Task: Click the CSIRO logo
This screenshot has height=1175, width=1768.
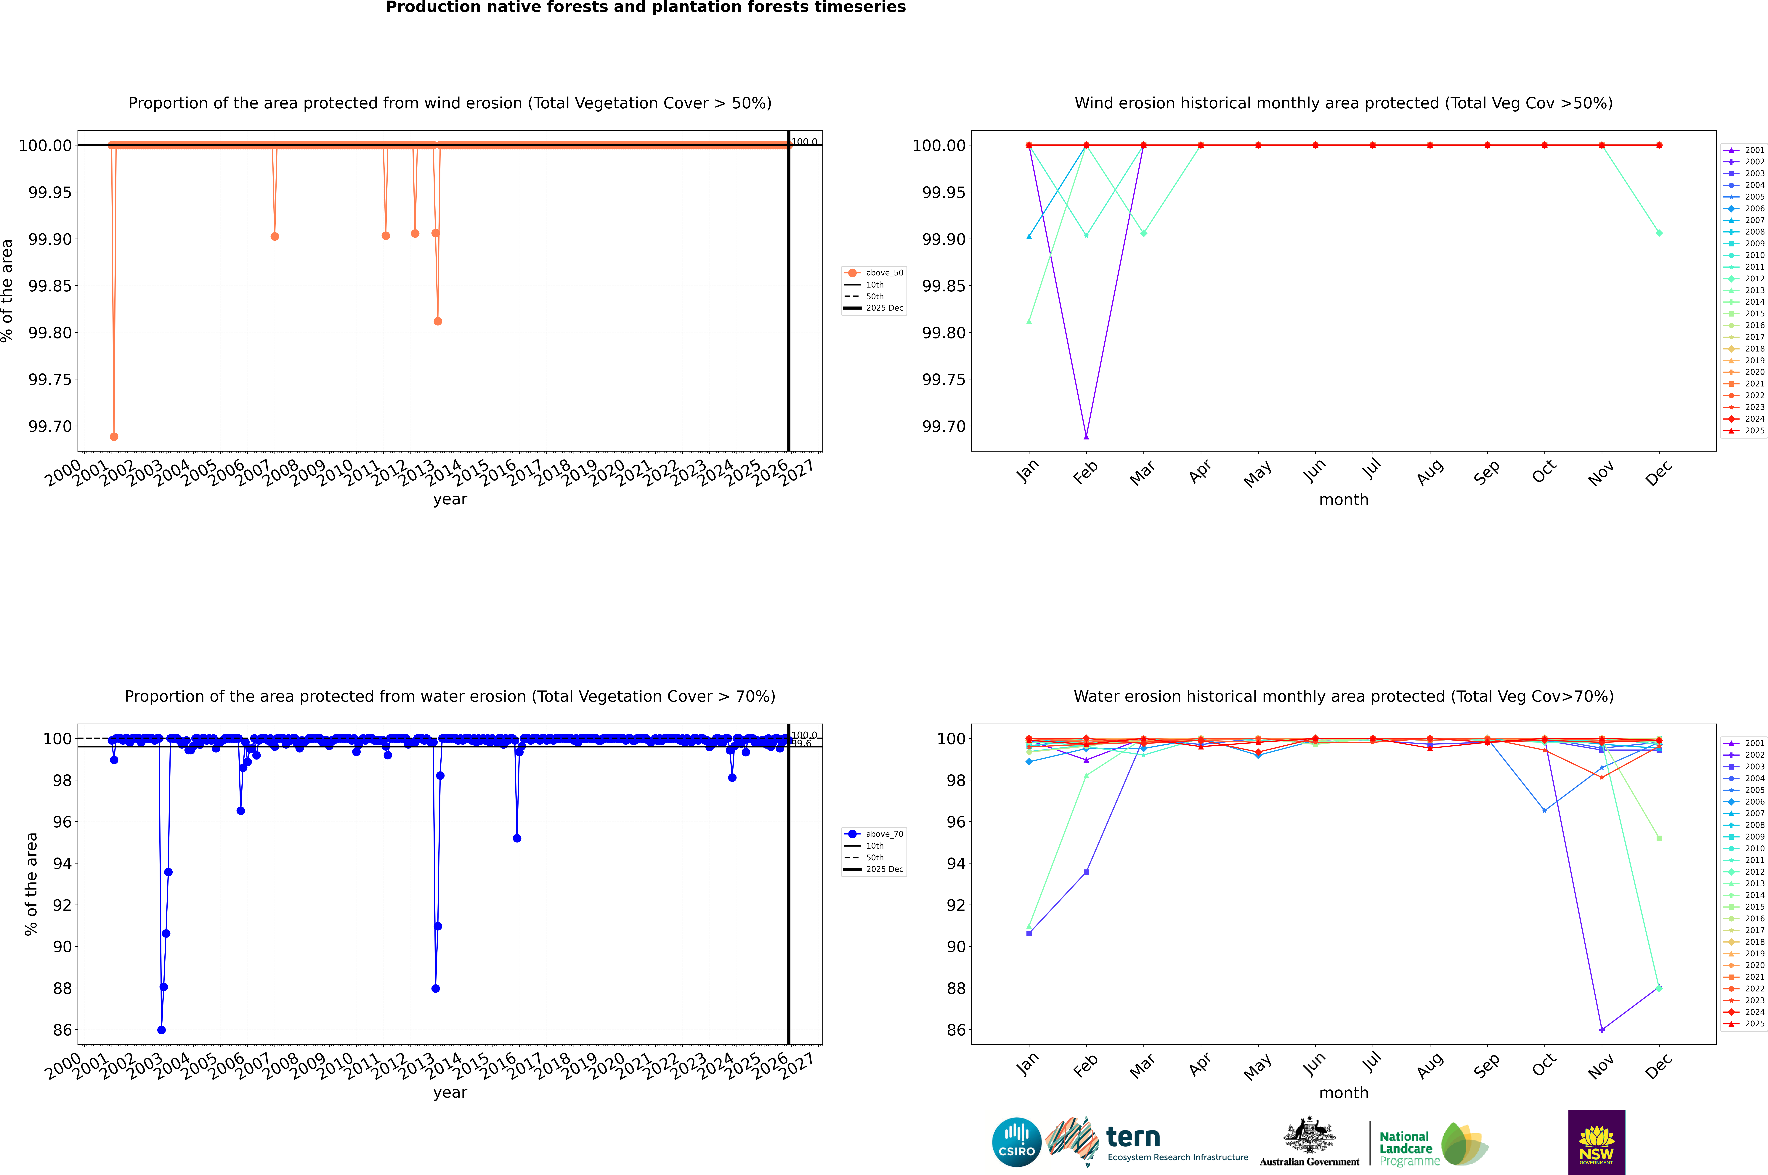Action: point(1016,1142)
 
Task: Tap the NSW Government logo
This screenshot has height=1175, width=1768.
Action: point(1596,1142)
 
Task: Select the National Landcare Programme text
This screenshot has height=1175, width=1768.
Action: point(1406,1148)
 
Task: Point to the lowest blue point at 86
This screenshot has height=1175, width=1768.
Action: point(161,1030)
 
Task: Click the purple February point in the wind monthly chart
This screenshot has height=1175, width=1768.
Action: point(1086,436)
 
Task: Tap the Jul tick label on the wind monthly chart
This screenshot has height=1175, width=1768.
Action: point(1371,470)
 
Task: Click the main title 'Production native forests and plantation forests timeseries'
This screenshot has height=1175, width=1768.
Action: point(645,7)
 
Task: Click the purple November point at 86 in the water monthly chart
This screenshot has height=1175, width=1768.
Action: point(1602,1030)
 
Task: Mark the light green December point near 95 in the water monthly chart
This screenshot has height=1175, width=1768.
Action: point(1659,838)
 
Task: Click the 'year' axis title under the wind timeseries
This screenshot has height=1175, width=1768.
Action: point(450,499)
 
